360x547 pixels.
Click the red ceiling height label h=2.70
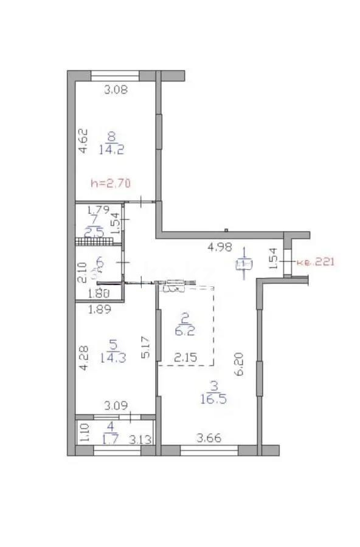tap(111, 182)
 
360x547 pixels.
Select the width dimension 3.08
tap(115, 91)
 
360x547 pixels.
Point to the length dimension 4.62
tap(85, 139)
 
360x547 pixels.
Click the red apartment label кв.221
tap(315, 263)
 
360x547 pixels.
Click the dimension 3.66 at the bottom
tap(206, 436)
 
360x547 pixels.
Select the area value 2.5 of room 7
tap(94, 231)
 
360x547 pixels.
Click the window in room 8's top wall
tap(115, 76)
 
